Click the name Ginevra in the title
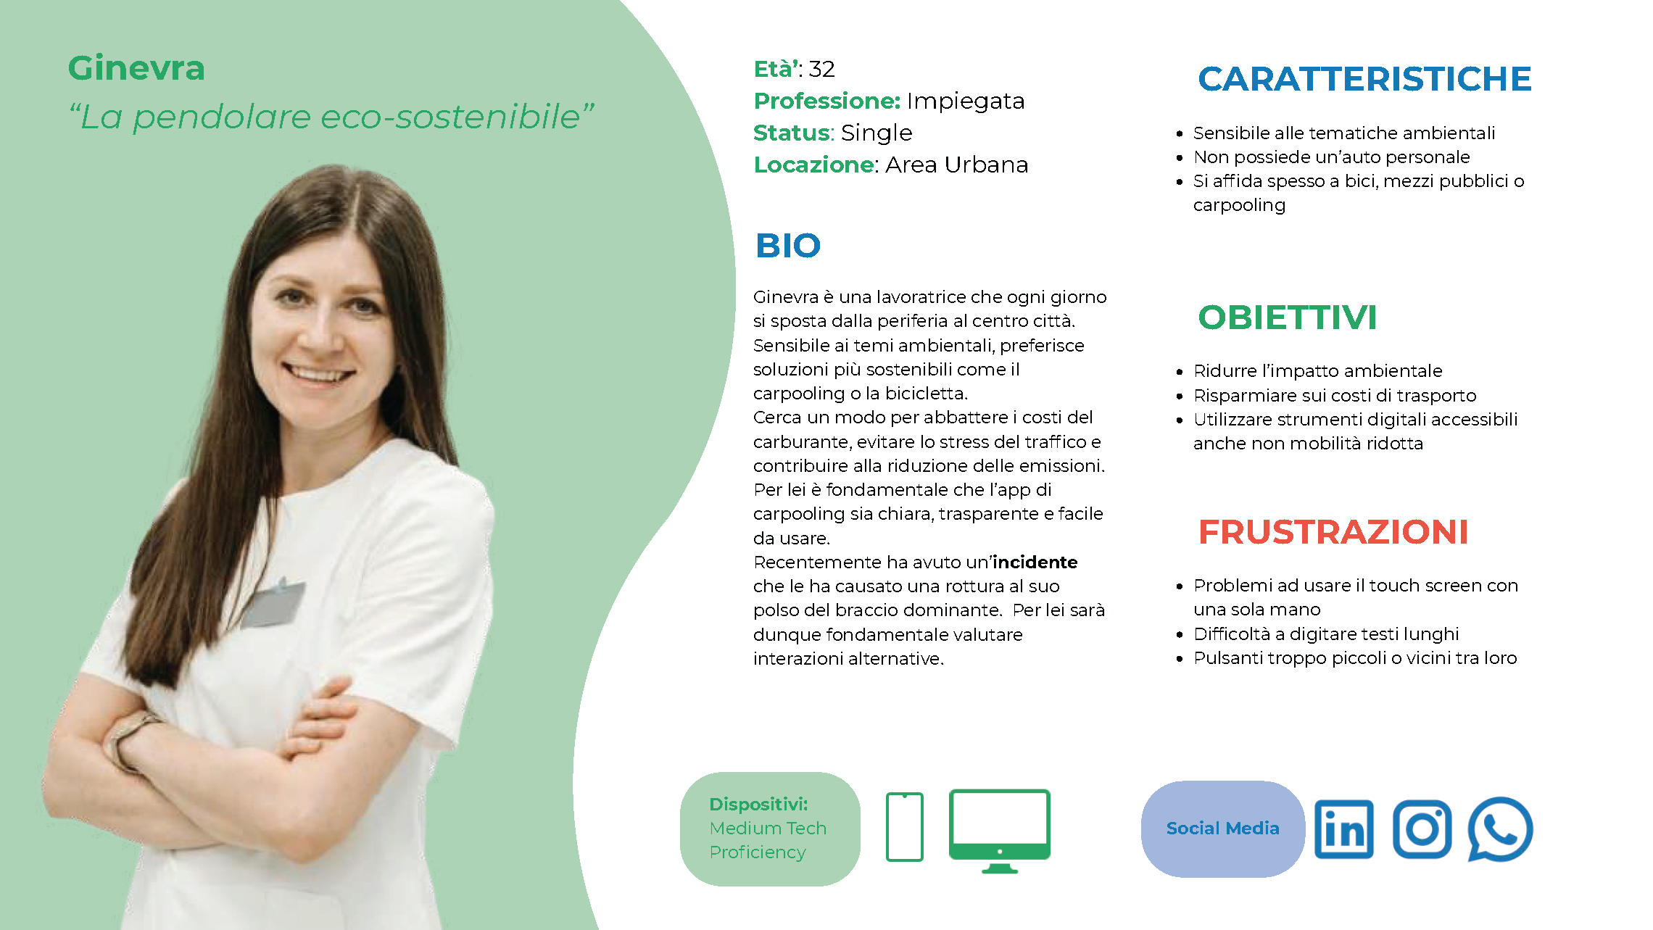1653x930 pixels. [x=136, y=69]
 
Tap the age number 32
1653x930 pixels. [x=821, y=69]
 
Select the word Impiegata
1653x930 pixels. [x=966, y=101]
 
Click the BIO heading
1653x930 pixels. [x=788, y=246]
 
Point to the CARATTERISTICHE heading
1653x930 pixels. [x=1364, y=79]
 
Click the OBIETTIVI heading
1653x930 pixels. [x=1287, y=317]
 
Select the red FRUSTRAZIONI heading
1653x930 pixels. [x=1333, y=532]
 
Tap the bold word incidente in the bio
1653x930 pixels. [x=1035, y=562]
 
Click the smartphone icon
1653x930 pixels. [x=905, y=827]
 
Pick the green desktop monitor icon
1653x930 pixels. [x=1000, y=831]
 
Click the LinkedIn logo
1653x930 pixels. [x=1344, y=829]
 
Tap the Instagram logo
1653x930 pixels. [x=1422, y=829]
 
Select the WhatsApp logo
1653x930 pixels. [x=1500, y=829]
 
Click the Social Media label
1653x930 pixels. [x=1223, y=829]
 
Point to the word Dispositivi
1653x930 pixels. [x=758, y=804]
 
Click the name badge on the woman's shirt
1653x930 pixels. [x=274, y=602]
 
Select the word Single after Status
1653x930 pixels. [x=877, y=133]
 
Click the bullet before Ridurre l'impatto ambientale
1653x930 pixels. [x=1180, y=372]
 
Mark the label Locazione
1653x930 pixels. [x=814, y=165]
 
